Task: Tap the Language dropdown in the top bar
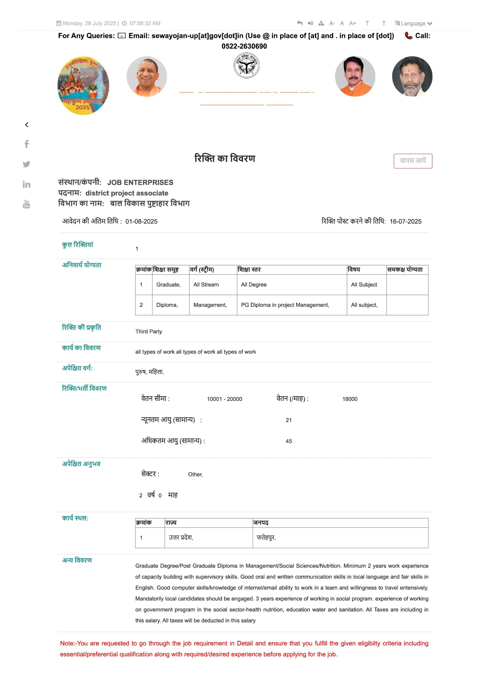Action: (413, 23)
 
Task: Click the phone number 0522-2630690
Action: (244, 46)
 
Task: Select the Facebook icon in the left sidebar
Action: (26, 144)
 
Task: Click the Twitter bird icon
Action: (26, 164)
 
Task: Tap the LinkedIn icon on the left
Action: (26, 184)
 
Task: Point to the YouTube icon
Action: (26, 204)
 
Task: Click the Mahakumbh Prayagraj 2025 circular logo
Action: (83, 85)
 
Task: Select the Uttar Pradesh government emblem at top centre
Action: (247, 65)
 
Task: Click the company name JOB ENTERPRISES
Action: (140, 182)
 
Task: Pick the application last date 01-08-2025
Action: (141, 221)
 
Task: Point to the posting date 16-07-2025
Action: (406, 221)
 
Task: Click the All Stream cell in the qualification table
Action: (206, 285)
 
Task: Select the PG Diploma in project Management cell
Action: (285, 305)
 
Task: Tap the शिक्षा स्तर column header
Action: (249, 270)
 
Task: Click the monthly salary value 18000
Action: (350, 399)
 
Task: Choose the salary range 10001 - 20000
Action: (225, 399)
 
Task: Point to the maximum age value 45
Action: (289, 441)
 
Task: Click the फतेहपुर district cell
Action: (266, 537)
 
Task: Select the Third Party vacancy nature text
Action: (149, 331)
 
